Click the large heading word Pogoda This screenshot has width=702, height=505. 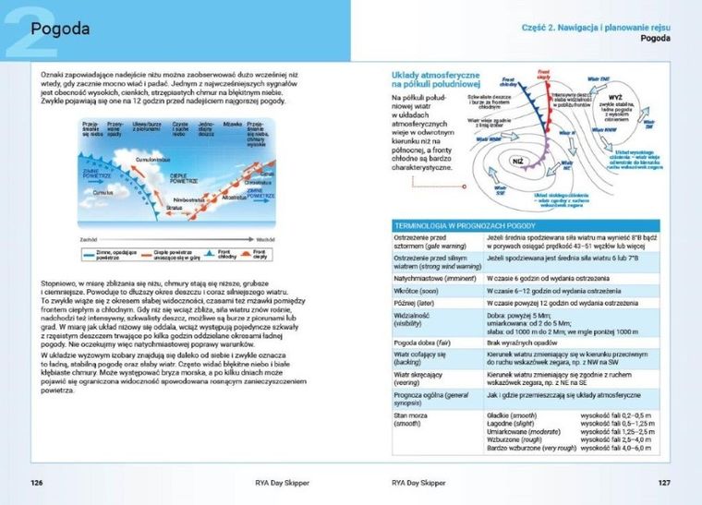pyautogui.click(x=61, y=28)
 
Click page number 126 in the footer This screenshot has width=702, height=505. pyautogui.click(x=37, y=482)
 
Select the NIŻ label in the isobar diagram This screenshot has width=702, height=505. pyautogui.click(x=518, y=161)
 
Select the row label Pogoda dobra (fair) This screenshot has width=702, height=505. pyautogui.click(x=422, y=342)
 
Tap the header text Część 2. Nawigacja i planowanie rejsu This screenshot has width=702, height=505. pyautogui.click(x=595, y=29)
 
